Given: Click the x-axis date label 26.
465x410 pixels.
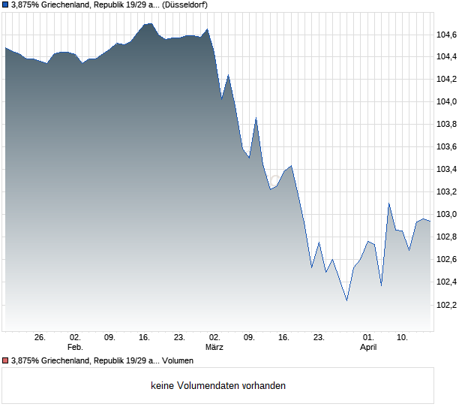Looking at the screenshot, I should [40, 337].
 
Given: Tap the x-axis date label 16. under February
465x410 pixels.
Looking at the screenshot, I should [145, 337].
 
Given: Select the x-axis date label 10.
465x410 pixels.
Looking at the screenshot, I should [403, 337].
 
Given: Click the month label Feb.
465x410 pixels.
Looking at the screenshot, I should [75, 347].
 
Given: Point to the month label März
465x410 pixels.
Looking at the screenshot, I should [214, 347].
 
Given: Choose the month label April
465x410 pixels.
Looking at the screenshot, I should [368, 347].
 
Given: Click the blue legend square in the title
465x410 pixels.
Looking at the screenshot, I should [6, 5].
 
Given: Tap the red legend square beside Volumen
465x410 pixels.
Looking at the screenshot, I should [6, 360].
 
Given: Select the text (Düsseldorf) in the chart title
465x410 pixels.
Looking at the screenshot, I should [184, 5].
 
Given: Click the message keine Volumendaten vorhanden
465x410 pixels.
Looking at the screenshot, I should [218, 386].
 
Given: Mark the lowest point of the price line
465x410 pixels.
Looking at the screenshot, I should [346, 300].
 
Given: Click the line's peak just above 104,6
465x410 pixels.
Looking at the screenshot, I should [148, 23].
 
